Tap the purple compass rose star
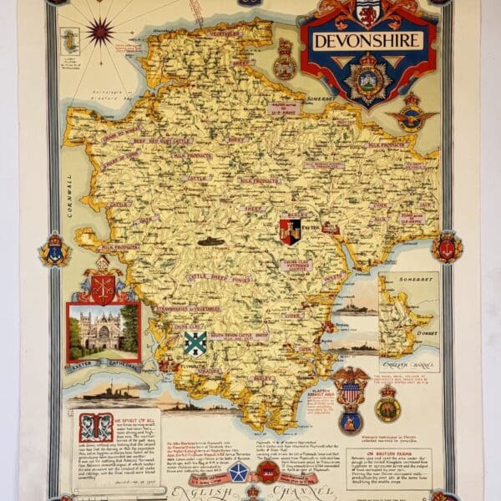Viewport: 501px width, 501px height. point(99,32)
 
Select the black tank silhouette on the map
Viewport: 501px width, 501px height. point(210,241)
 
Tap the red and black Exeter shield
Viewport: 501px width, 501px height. point(290,231)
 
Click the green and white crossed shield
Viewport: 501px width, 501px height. point(195,342)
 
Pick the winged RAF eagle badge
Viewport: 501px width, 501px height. point(411,114)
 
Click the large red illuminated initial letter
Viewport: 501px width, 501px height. point(95,426)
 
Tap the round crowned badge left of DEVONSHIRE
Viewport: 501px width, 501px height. point(286,61)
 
